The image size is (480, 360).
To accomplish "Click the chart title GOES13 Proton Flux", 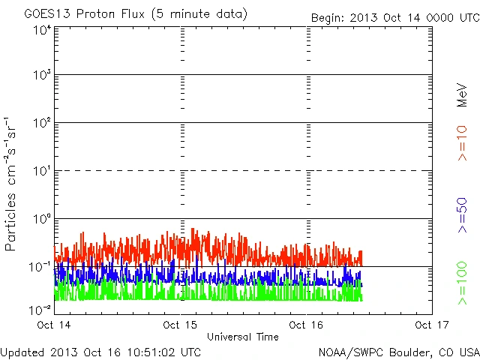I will [x=136, y=14].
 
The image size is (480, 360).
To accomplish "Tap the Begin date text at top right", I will [x=395, y=17].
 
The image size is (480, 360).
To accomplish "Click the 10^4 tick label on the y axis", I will [x=42, y=31].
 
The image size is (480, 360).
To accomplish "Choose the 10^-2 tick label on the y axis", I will [x=40, y=310].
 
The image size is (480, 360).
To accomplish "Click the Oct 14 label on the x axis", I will [x=54, y=325].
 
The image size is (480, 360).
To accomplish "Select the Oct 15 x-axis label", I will [x=180, y=325].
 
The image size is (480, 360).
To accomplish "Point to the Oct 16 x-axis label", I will [x=306, y=325].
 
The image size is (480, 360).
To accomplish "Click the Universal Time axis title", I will [x=242, y=337].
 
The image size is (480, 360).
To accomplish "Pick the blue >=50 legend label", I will [x=462, y=214].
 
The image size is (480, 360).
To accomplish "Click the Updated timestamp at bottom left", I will [x=100, y=351].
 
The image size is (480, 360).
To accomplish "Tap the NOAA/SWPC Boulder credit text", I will [x=398, y=351].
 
